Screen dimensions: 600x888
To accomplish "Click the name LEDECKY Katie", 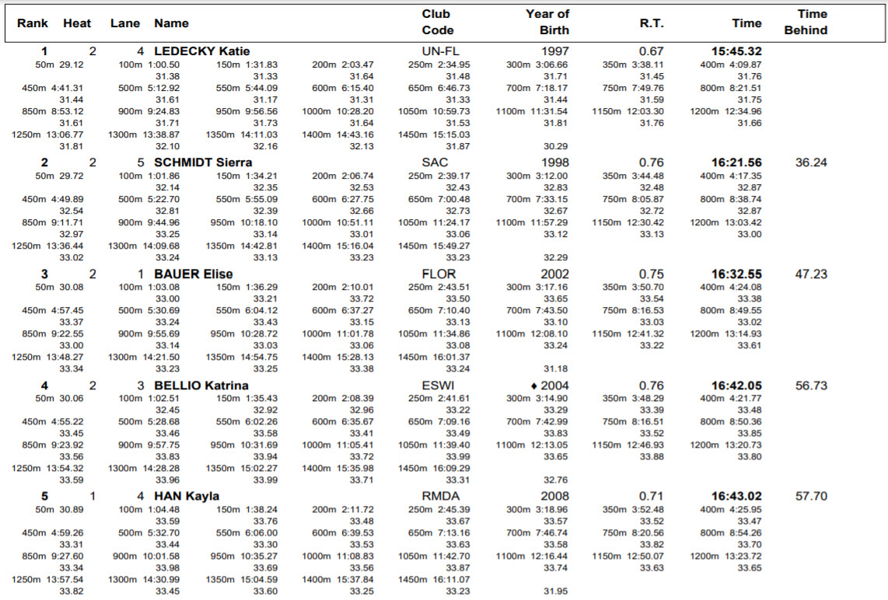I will click(x=201, y=51).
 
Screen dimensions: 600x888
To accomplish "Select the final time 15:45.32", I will click(x=736, y=51).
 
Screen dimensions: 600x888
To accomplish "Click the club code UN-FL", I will click(x=435, y=51).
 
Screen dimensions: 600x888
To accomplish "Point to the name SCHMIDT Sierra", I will click(x=203, y=162).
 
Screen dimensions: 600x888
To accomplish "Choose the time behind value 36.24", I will click(x=811, y=162).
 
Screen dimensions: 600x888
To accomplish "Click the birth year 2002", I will click(x=554, y=274).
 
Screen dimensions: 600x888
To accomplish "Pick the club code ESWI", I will click(x=438, y=385).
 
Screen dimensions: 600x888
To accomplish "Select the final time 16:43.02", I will click(x=736, y=496).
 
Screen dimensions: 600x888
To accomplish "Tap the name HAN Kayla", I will click(x=187, y=496).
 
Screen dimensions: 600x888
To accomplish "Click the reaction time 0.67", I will click(x=651, y=51).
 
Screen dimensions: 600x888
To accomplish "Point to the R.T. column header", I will click(x=651, y=23).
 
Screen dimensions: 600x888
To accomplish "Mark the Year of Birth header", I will click(x=547, y=23).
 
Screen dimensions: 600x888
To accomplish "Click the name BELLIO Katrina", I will click(x=201, y=385).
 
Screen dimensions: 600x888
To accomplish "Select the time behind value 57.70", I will click(x=811, y=496).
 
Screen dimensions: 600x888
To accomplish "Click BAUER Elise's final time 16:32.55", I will click(x=736, y=274).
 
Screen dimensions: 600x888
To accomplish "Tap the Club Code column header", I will click(x=437, y=23).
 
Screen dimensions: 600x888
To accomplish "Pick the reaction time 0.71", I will click(x=651, y=496).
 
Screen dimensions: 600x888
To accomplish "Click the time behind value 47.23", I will click(x=811, y=274).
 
